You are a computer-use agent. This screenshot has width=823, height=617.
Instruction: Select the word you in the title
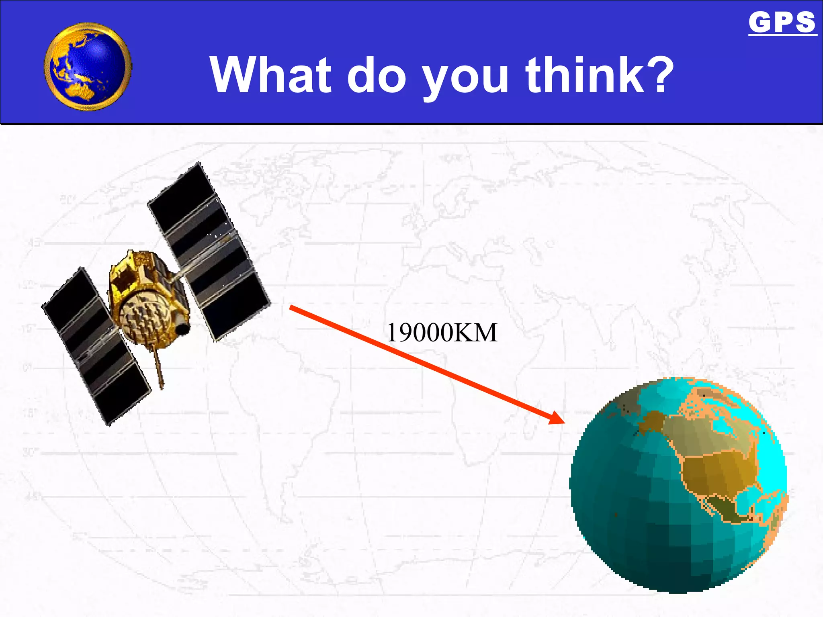tap(466, 78)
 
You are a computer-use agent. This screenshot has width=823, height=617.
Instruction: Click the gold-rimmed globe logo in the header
tap(88, 67)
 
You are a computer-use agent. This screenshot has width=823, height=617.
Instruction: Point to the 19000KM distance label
tap(442, 333)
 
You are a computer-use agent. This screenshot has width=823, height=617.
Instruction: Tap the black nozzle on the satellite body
tap(183, 329)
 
